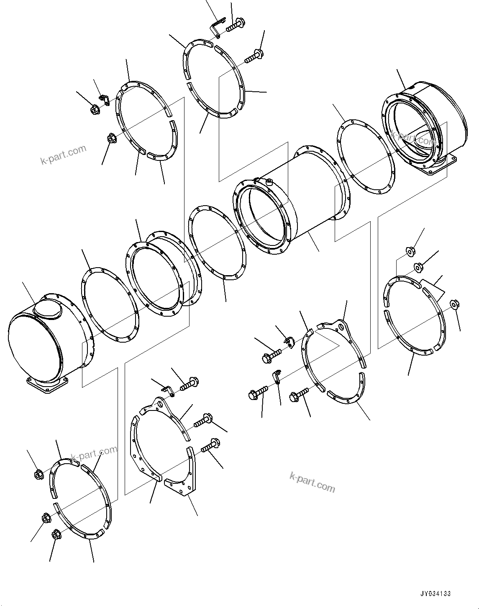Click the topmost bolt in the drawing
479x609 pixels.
point(236,24)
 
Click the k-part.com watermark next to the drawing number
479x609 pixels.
point(312,481)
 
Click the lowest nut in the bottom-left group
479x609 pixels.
point(56,535)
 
